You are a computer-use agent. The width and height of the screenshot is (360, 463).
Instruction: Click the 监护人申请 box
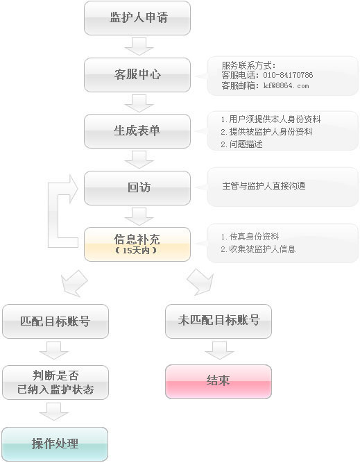[137, 18]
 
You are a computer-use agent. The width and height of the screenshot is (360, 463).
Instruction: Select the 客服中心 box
[137, 75]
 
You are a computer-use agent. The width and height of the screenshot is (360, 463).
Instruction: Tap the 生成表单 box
[137, 131]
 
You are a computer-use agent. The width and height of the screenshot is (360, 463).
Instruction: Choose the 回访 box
[137, 188]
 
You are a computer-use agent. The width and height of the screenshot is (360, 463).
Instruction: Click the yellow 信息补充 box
[137, 244]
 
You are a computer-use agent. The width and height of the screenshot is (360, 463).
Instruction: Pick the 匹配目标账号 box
[55, 321]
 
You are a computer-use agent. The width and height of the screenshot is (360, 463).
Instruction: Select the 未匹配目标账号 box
[218, 321]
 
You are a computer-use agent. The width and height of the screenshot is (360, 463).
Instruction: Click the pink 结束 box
[218, 382]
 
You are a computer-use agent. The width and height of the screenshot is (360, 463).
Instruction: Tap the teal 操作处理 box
[55, 444]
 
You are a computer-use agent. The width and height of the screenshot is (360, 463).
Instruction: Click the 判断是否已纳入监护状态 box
[55, 382]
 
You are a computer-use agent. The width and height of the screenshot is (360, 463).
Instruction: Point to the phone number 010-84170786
[288, 75]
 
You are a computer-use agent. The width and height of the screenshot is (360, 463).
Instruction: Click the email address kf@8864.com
[286, 85]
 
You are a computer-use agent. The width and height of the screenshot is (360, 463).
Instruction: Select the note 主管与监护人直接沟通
[264, 186]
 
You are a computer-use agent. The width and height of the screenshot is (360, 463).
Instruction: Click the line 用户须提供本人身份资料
[271, 119]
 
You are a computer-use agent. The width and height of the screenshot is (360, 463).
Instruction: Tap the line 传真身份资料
[250, 236]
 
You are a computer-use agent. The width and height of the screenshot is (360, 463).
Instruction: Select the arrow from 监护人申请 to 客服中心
[139, 47]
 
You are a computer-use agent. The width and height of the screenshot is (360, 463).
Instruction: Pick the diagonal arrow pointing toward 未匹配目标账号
[200, 282]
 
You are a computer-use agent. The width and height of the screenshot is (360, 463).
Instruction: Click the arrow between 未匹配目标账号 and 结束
[220, 351]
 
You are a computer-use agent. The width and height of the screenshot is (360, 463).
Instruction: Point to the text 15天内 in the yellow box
[136, 251]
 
